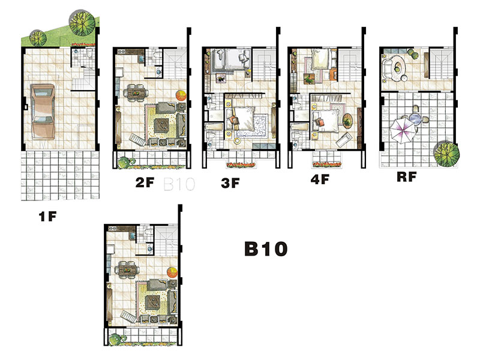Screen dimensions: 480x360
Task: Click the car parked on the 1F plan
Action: [43, 112]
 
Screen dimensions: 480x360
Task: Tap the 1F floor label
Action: [48, 217]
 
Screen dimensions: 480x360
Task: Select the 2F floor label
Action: [145, 182]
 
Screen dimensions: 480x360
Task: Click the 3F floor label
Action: [230, 183]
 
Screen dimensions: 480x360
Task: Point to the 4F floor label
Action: [320, 179]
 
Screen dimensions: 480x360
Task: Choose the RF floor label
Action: [407, 176]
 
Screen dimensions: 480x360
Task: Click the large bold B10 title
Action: [266, 248]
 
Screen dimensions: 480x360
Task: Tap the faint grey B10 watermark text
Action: [179, 184]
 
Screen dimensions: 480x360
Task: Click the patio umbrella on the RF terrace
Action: [403, 131]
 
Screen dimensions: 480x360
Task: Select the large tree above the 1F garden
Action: [82, 23]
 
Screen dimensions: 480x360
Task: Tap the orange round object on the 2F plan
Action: [181, 95]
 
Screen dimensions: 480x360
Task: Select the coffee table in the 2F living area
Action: [161, 125]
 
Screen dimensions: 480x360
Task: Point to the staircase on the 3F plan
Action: [264, 65]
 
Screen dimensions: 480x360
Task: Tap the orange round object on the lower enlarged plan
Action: [172, 272]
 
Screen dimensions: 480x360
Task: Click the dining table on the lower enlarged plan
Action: [127, 269]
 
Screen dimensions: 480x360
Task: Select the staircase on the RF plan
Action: [441, 64]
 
